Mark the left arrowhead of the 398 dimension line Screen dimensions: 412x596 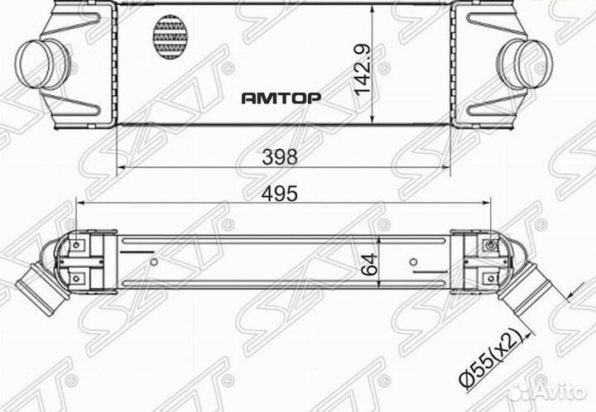point(123,166)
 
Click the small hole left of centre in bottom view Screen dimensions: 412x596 point(154,264)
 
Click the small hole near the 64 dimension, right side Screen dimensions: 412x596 point(413,264)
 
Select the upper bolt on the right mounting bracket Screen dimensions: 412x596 point(493,245)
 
